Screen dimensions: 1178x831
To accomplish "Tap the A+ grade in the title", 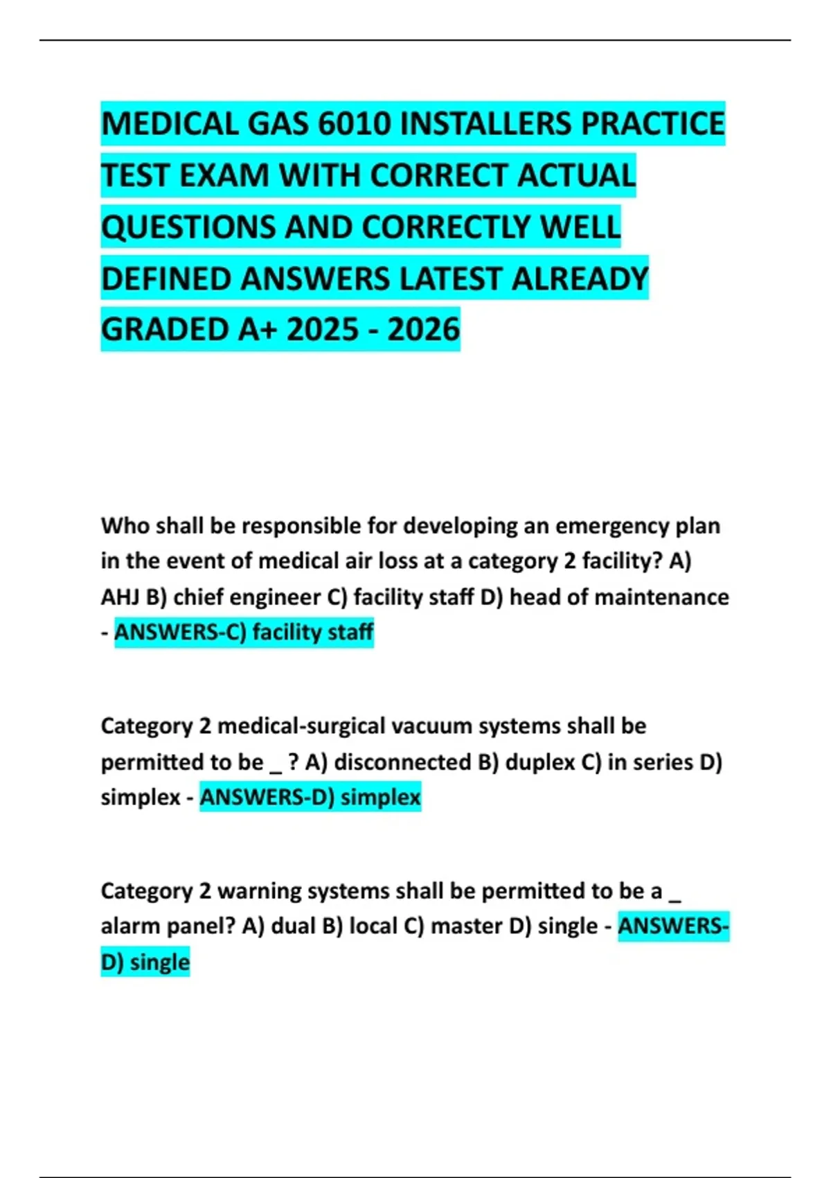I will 258,329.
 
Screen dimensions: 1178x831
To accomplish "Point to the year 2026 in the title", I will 423,329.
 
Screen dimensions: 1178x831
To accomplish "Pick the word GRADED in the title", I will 166,329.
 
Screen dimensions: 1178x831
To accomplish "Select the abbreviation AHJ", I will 119,597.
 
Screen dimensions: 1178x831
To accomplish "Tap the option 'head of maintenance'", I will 619,597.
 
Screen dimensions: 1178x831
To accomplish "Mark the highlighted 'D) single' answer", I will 145,962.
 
